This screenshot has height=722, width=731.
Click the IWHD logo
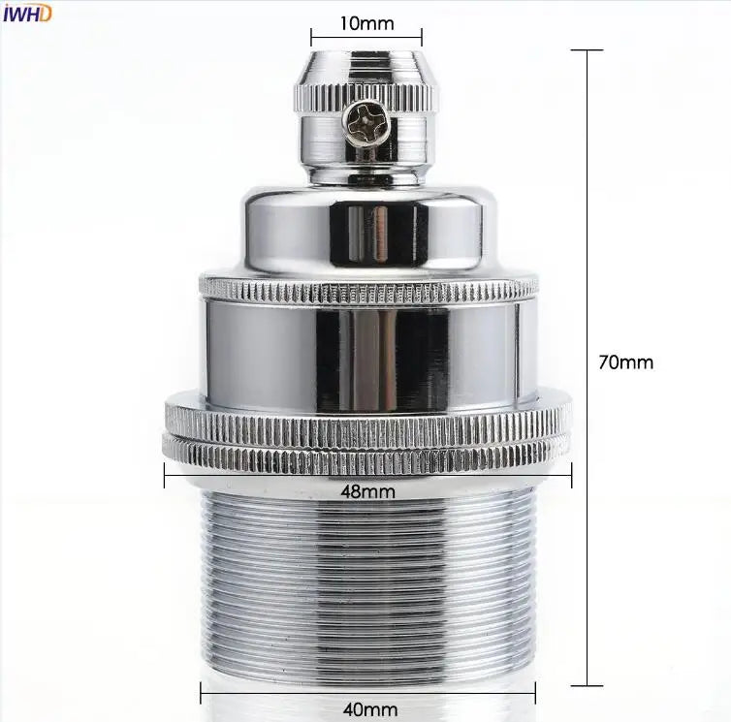pyautogui.click(x=27, y=14)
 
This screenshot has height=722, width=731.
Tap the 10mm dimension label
pyautogui.click(x=366, y=23)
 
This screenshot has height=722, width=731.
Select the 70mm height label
pyautogui.click(x=626, y=362)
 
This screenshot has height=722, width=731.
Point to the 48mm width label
pyautogui.click(x=367, y=491)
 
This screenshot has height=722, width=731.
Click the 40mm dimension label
pyautogui.click(x=370, y=709)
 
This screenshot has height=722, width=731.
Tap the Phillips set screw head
pyautogui.click(x=365, y=124)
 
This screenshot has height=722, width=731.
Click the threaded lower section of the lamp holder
pyautogui.click(x=367, y=587)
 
